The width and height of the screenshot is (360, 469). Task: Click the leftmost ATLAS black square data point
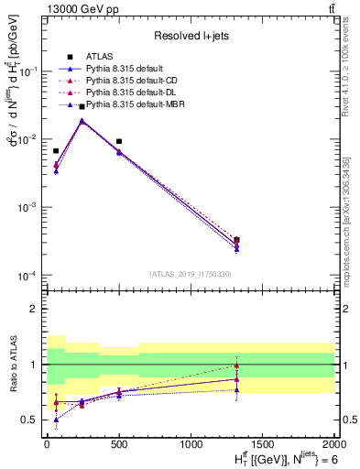coord(56,151)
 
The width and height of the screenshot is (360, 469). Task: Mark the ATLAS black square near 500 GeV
coord(119,142)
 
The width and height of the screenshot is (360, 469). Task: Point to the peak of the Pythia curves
coord(82,120)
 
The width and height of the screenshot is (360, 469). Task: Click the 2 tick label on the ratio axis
coord(36,309)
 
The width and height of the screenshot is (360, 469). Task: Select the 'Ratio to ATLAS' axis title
coord(12,365)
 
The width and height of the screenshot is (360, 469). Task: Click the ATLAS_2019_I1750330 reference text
coord(189,274)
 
